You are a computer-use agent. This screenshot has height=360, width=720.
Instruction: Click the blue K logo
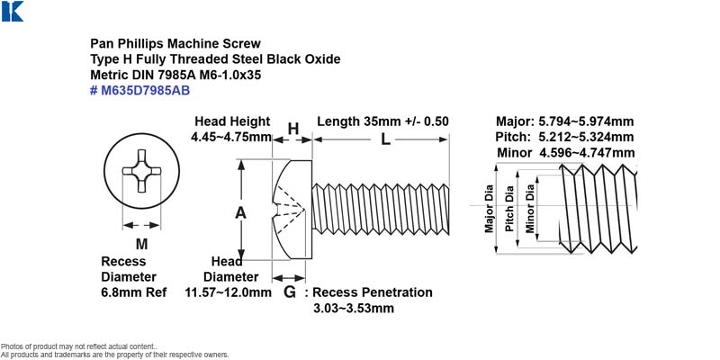click(x=13, y=11)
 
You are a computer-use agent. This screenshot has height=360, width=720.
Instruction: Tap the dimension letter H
click(x=293, y=129)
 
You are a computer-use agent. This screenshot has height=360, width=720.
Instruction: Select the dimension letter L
click(x=386, y=139)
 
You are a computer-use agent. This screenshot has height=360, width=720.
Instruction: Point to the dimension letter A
click(x=240, y=213)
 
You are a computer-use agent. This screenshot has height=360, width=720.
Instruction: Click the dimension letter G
click(x=290, y=292)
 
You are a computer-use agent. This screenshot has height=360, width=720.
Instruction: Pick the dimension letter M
click(x=142, y=244)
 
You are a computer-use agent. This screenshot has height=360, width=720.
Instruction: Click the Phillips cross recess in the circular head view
click(x=141, y=171)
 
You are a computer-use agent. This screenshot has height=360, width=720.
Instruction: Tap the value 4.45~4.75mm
click(x=231, y=137)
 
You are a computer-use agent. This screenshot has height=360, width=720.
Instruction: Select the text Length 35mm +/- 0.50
click(x=383, y=121)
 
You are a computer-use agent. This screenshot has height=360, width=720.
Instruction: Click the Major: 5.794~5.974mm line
click(x=565, y=121)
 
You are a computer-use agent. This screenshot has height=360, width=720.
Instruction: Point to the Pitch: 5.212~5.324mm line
click(x=565, y=137)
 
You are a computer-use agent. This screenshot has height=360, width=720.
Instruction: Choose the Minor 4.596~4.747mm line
click(x=566, y=152)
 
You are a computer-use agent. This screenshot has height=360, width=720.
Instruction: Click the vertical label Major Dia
click(x=489, y=209)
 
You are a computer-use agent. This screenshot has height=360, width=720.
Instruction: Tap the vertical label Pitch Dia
click(x=509, y=209)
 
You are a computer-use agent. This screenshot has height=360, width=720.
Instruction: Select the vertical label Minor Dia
click(x=530, y=208)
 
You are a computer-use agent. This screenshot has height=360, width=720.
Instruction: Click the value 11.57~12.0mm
click(x=229, y=292)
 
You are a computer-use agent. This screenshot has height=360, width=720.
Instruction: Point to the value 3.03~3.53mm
click(x=354, y=308)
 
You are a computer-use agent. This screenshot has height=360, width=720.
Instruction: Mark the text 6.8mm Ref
click(x=134, y=292)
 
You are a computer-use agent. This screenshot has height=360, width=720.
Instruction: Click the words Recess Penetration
click(x=373, y=292)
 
